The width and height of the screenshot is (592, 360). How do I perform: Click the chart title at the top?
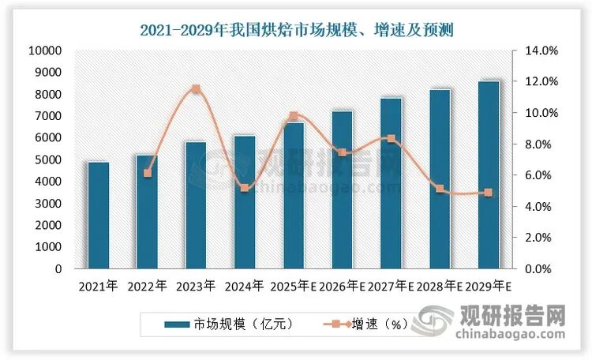click(295, 31)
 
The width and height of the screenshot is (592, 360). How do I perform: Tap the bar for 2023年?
click(196, 205)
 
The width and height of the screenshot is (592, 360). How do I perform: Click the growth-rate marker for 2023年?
click(196, 89)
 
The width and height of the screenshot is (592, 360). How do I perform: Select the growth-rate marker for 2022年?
click(147, 173)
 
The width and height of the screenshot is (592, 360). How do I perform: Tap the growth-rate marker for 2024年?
click(245, 188)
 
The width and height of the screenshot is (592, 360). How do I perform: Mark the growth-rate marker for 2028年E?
click(440, 189)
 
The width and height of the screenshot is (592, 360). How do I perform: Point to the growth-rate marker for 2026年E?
click(342, 152)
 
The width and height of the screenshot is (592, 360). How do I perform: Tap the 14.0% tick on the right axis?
click(542, 51)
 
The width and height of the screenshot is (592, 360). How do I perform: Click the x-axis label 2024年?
click(245, 286)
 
